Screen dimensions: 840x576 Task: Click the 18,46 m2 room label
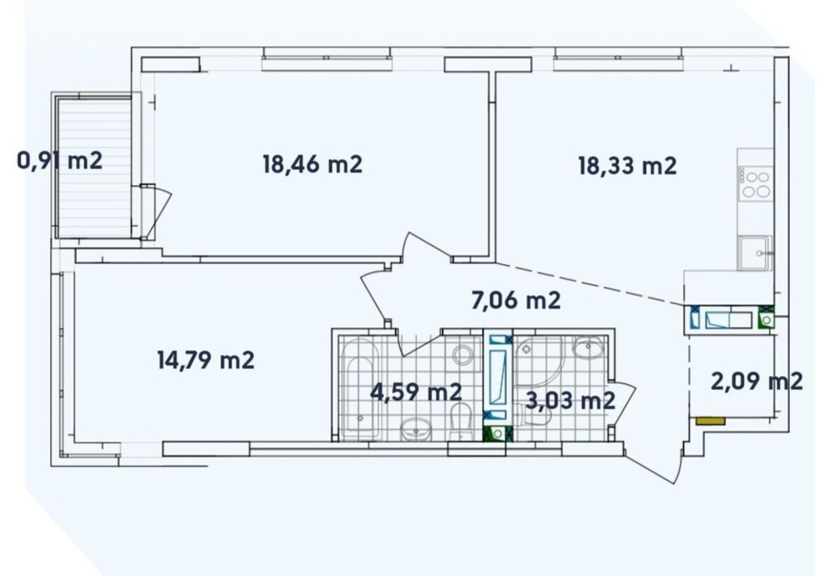click(x=312, y=165)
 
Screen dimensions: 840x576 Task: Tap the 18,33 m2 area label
click(x=627, y=166)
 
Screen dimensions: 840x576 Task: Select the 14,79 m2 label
click(x=206, y=360)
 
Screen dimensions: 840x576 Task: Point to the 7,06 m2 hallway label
click(x=516, y=300)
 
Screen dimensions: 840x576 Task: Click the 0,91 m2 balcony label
click(x=60, y=161)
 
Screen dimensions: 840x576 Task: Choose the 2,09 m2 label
click(x=757, y=382)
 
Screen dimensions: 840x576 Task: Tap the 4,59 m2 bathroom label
click(x=415, y=392)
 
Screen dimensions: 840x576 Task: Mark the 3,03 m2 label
click(x=570, y=401)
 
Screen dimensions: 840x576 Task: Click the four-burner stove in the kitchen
click(x=755, y=184)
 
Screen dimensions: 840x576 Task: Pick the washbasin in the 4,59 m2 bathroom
click(x=416, y=430)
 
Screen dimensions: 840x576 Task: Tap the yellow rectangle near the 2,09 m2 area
click(x=710, y=421)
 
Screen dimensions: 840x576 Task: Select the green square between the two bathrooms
click(x=498, y=434)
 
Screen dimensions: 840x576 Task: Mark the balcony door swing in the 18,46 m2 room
click(x=155, y=212)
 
